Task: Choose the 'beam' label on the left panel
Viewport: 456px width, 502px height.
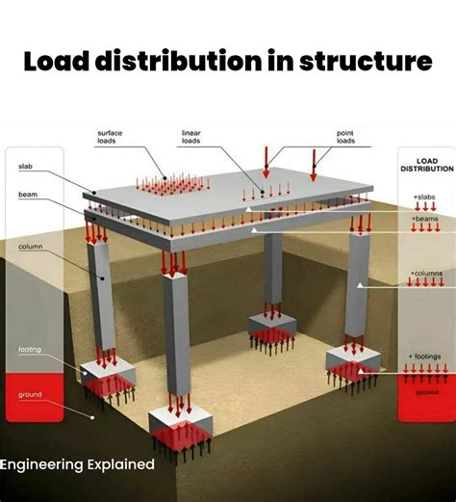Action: (x=28, y=195)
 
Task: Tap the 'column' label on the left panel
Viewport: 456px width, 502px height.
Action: (x=31, y=248)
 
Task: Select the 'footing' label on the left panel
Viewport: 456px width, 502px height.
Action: (x=31, y=349)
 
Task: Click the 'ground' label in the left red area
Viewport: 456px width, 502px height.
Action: (x=31, y=394)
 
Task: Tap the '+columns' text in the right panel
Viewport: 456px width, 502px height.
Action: (x=424, y=274)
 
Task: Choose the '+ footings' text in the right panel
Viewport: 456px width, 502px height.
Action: (x=424, y=357)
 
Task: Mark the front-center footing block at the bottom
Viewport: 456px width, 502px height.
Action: (x=181, y=425)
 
